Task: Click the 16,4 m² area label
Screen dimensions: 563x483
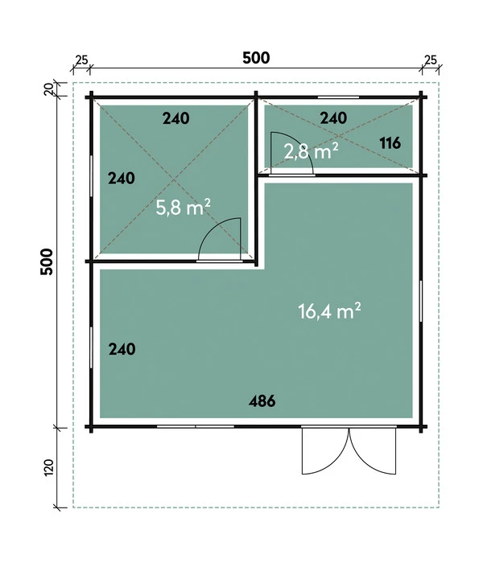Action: click(x=329, y=311)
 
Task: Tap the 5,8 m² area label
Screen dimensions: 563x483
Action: click(x=183, y=208)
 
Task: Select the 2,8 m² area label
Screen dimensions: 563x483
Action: click(x=310, y=150)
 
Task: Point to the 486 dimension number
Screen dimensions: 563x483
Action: click(x=262, y=401)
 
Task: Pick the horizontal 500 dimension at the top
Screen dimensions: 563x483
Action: click(x=255, y=58)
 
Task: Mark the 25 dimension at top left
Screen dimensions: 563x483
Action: click(x=80, y=60)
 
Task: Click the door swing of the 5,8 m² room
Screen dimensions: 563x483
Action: click(x=220, y=239)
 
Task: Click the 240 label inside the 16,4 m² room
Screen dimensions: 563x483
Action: click(x=121, y=349)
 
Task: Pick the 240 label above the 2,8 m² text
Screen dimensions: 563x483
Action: click(x=333, y=118)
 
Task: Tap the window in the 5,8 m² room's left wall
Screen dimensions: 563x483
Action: click(x=91, y=176)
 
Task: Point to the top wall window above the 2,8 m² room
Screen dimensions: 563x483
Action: click(x=334, y=98)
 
